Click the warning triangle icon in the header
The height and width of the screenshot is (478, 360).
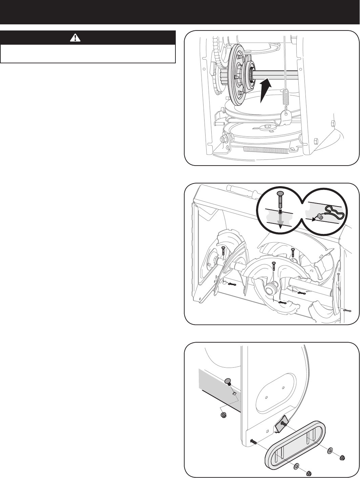[73, 38]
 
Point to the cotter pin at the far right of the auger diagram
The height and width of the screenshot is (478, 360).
[346, 309]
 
